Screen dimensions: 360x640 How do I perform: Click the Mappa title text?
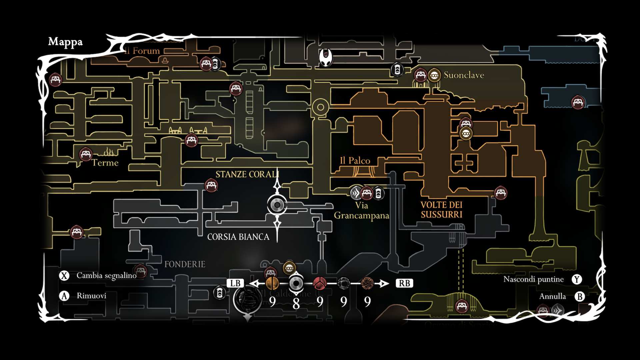(x=65, y=42)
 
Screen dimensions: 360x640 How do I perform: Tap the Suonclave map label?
(x=464, y=75)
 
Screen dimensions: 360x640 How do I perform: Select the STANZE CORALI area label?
(x=247, y=174)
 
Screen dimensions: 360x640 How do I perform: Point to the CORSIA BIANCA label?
(x=238, y=237)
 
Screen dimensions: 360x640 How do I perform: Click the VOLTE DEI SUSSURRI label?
(x=441, y=210)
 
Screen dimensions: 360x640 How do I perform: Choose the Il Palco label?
(x=355, y=161)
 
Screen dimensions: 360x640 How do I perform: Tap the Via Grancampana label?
(x=361, y=211)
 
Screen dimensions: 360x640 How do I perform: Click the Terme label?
(x=105, y=163)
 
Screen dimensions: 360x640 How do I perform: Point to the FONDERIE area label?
(x=185, y=264)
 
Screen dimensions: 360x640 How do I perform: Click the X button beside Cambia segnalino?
(x=64, y=276)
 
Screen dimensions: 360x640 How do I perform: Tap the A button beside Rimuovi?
(x=64, y=296)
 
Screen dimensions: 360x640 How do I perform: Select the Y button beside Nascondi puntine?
(x=577, y=279)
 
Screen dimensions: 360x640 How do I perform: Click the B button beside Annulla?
(x=580, y=296)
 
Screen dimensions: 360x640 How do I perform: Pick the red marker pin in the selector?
(x=320, y=283)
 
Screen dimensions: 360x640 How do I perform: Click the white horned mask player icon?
(x=326, y=58)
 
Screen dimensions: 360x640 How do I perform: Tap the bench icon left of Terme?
(x=86, y=154)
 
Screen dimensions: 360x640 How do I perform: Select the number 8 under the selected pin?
(x=296, y=303)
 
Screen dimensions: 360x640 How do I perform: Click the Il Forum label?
(x=143, y=51)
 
